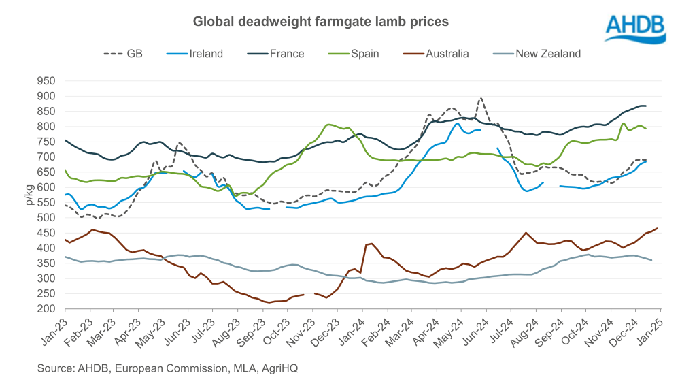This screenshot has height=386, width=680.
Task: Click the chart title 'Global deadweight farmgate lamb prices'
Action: [x=321, y=22]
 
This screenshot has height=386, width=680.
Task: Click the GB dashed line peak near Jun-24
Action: [x=481, y=98]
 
